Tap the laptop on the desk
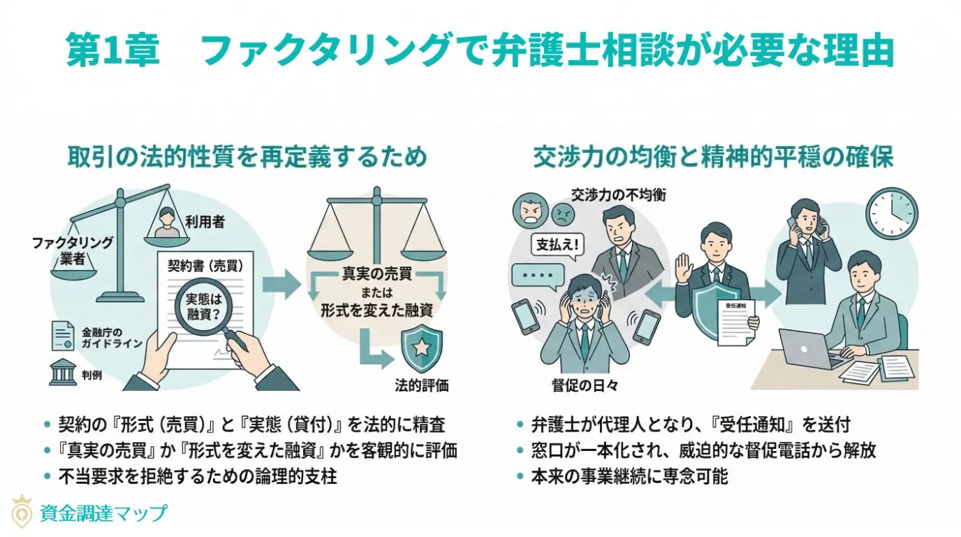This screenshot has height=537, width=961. [802, 348]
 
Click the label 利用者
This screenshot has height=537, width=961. [205, 222]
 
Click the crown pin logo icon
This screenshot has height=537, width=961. [22, 514]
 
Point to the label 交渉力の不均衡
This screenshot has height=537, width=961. [618, 194]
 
